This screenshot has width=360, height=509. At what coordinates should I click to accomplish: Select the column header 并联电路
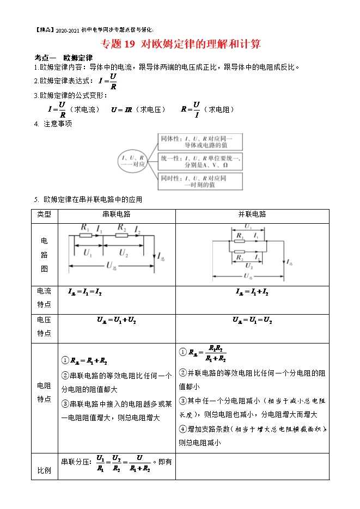tap(252, 214)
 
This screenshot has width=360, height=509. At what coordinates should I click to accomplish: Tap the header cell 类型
tap(44, 214)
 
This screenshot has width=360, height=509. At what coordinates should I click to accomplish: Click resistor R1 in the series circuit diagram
tap(85, 235)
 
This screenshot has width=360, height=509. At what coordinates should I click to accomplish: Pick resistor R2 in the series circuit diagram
tap(123, 235)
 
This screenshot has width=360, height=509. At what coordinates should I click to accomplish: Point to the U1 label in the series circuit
tap(88, 253)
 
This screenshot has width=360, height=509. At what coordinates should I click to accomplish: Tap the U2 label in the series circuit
tap(124, 253)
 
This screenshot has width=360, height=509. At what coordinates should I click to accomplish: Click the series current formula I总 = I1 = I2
tap(85, 293)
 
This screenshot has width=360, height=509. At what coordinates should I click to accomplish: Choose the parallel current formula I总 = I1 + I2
tap(252, 293)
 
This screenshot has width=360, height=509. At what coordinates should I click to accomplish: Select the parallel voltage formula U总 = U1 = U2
tap(252, 321)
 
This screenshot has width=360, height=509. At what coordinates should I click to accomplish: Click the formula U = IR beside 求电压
tap(121, 109)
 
